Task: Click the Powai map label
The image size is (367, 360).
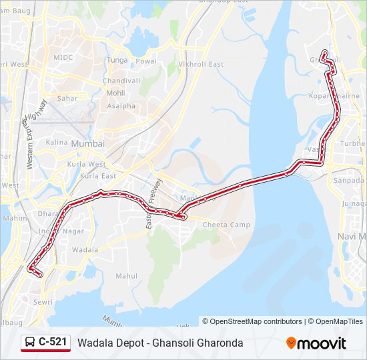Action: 146,61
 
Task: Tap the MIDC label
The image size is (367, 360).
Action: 63,57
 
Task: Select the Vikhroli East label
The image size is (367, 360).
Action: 201,64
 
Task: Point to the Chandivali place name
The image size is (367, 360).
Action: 121,81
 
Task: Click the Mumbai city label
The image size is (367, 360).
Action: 87,143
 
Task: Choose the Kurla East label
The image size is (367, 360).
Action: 98,176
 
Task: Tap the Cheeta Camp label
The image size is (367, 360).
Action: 226,225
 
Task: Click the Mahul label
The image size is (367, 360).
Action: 126,276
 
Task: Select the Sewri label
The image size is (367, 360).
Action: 43,302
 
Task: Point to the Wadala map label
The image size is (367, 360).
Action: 85,249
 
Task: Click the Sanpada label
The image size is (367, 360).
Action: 348,181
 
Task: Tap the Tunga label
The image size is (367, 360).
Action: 117,60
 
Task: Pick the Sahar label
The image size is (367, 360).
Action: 67,97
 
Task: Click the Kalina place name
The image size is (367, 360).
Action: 57,142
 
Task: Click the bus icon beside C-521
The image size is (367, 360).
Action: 30,343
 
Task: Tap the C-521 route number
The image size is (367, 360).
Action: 53,343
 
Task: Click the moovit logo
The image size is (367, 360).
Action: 316,343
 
